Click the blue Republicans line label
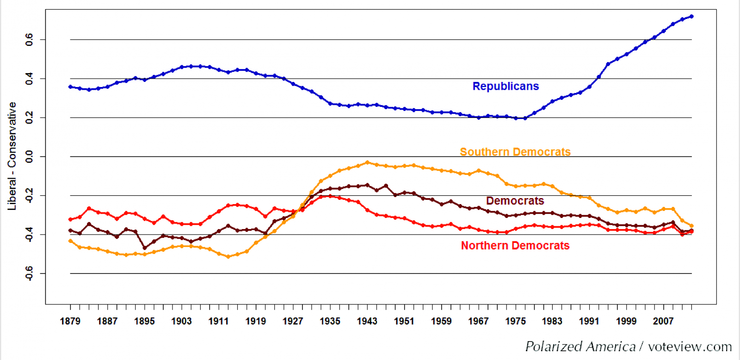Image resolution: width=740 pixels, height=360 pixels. pyautogui.click(x=506, y=87)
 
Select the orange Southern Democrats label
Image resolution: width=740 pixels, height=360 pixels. pyautogui.click(x=515, y=152)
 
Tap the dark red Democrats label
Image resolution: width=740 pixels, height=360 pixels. pyautogui.click(x=515, y=201)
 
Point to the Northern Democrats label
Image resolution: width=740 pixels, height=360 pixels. pyautogui.click(x=515, y=246)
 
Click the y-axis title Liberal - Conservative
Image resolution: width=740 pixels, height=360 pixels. pyautogui.click(x=12, y=156)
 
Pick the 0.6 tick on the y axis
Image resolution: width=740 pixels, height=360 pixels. pyautogui.click(x=29, y=40)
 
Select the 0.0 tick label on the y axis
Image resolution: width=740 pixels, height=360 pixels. pyautogui.click(x=29, y=156)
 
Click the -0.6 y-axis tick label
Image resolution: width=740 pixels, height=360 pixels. pyautogui.click(x=29, y=273)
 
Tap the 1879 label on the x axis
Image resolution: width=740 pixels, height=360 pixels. pyautogui.click(x=70, y=321)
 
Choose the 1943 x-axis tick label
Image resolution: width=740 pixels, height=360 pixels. pyautogui.click(x=367, y=321)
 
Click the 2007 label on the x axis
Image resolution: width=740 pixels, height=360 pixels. pyautogui.click(x=663, y=321)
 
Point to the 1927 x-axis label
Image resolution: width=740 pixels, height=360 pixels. pyautogui.click(x=293, y=321)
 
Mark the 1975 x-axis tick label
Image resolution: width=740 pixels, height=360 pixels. pyautogui.click(x=515, y=321)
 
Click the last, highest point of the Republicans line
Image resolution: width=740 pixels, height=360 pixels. pyautogui.click(x=691, y=17)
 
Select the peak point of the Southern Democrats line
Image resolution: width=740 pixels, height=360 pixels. pyautogui.click(x=367, y=162)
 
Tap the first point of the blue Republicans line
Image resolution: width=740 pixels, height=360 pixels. pyautogui.click(x=70, y=87)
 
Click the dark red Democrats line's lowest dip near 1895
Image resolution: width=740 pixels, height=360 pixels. pyautogui.click(x=144, y=248)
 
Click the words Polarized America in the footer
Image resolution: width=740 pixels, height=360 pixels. pyautogui.click(x=580, y=347)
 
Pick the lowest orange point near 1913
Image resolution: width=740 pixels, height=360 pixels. pyautogui.click(x=228, y=256)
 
